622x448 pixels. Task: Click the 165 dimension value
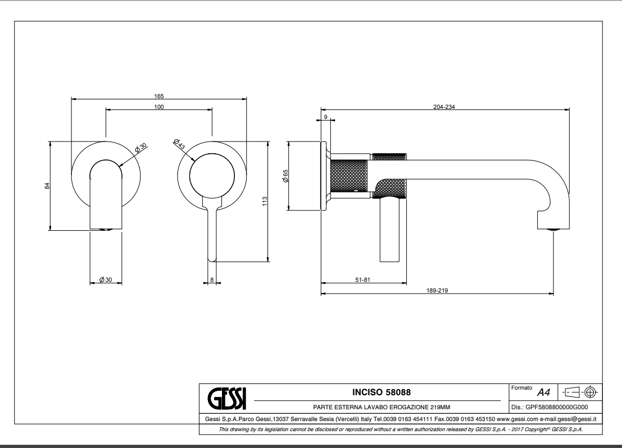[159, 96]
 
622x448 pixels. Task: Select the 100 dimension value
[159, 107]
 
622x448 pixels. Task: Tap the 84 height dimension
[48, 185]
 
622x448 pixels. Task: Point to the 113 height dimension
[264, 200]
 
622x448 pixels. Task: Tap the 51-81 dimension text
[362, 280]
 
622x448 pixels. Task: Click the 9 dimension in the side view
[326, 117]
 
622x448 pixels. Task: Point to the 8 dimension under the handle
[212, 280]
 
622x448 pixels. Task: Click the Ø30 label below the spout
[106, 280]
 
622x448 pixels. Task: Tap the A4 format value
[543, 392]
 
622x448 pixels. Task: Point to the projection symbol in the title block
[580, 392]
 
